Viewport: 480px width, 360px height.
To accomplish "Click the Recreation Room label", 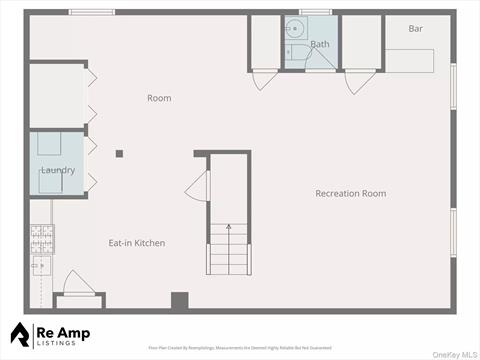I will tap(350, 193).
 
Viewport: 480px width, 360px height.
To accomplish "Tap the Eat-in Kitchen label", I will tap(137, 243).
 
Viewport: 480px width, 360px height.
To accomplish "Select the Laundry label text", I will tap(57, 170).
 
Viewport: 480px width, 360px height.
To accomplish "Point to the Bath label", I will tap(320, 44).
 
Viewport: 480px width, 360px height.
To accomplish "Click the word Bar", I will tap(415, 28).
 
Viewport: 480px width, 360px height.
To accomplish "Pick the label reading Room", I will tap(159, 98).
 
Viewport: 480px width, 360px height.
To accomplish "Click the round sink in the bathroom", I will tap(293, 28).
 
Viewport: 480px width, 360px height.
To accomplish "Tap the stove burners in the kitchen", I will tap(42, 237).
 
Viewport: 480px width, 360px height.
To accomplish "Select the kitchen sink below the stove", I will tap(41, 266).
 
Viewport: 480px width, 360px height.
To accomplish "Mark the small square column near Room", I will tap(119, 153).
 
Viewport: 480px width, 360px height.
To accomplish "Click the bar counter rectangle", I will tap(410, 59).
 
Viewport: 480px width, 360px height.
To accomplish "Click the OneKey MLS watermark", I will tap(452, 352).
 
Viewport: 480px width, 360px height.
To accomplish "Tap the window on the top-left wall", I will tap(92, 12).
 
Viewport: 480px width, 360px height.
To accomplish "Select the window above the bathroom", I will tap(315, 12).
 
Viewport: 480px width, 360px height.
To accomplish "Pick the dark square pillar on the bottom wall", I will tap(180, 300).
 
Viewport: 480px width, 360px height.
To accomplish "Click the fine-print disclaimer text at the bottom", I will tap(240, 348).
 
